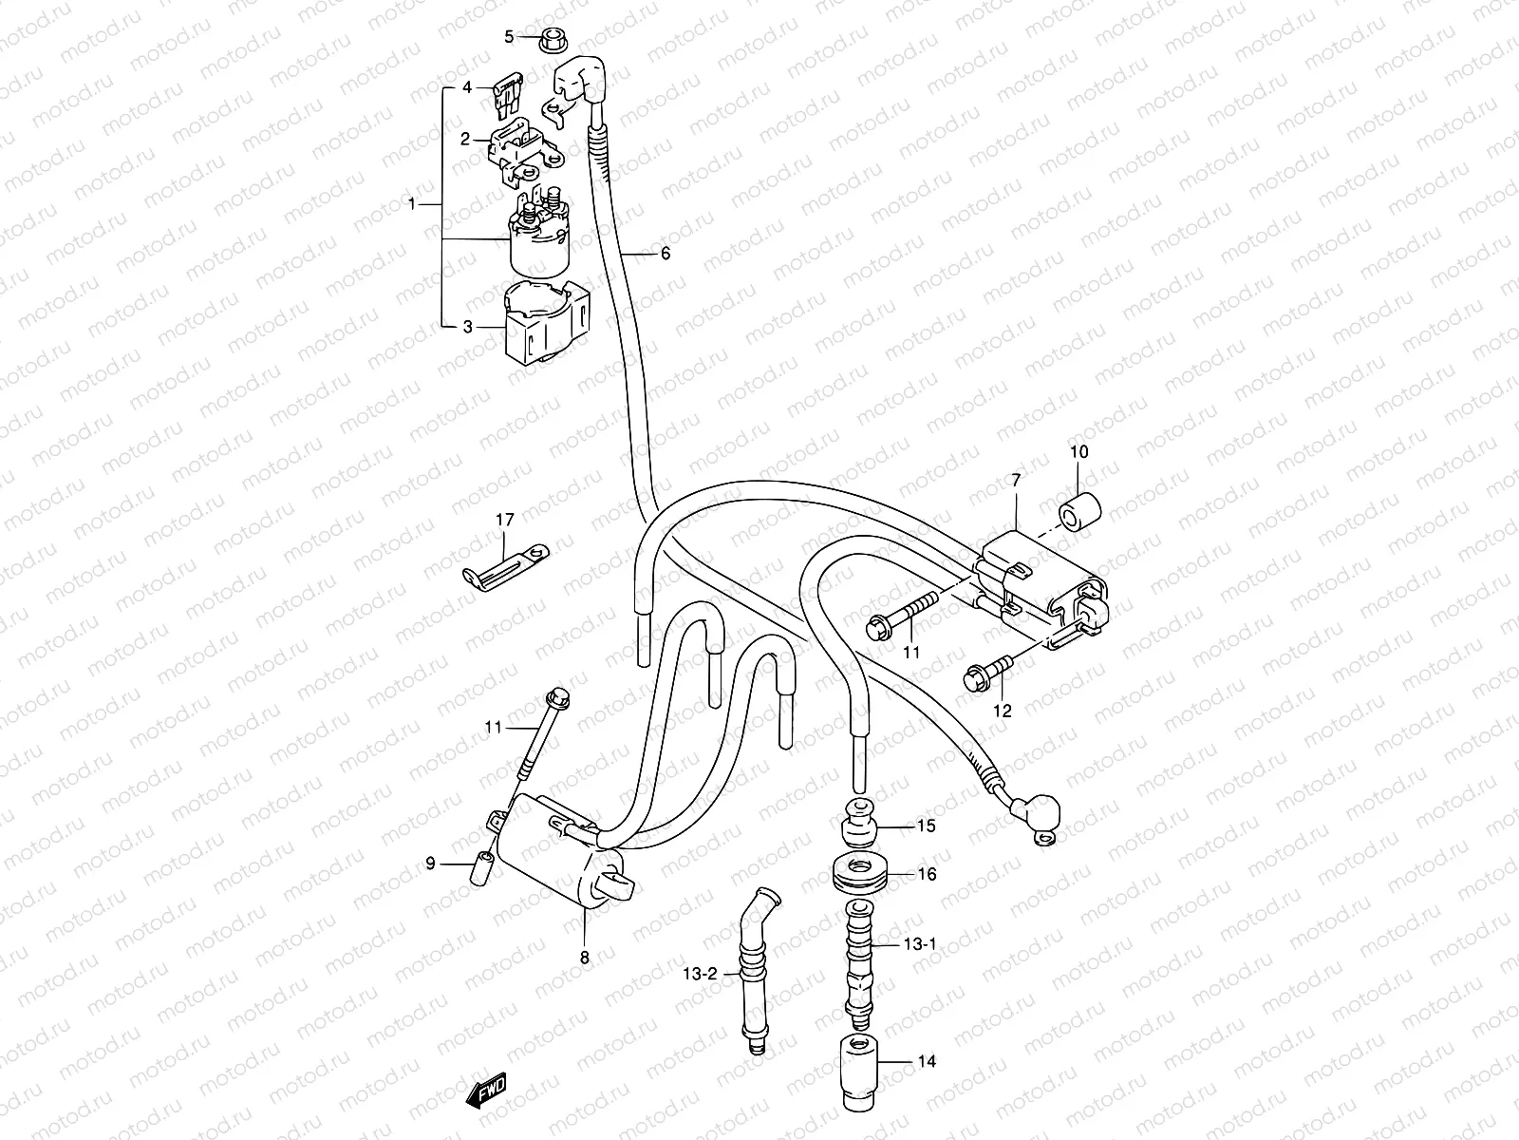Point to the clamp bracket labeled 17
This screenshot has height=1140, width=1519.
506,563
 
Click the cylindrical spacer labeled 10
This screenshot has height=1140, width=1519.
1079,511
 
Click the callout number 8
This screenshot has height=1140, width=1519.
584,958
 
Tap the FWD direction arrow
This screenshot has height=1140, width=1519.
487,1117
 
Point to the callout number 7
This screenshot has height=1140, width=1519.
1015,482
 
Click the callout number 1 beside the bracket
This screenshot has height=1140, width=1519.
411,203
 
